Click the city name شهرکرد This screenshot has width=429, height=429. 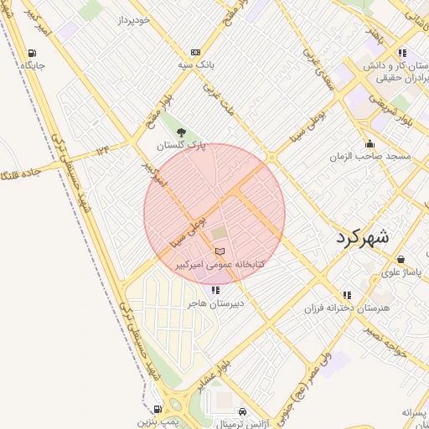364,237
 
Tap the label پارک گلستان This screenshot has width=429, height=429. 181,145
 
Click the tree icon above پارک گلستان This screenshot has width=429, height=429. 181,132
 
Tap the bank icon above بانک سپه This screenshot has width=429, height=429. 195,52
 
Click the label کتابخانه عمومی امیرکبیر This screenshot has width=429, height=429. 220,264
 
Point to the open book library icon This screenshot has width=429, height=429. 220,251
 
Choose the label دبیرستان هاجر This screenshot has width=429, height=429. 215,302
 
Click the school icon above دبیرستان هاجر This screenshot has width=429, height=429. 215,290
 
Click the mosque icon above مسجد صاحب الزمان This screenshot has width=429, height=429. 370,144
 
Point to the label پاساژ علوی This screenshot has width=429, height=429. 401,272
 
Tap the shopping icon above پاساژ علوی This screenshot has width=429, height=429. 401,260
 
